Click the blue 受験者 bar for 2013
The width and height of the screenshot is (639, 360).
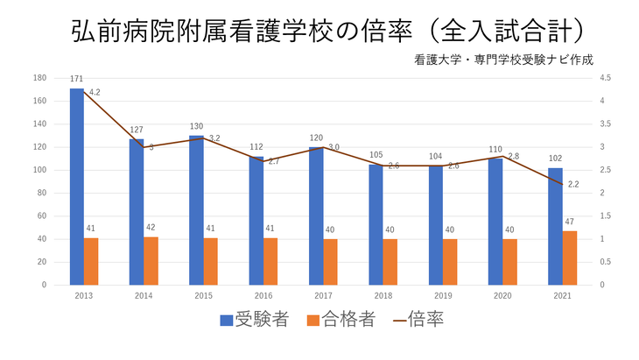click(77, 187)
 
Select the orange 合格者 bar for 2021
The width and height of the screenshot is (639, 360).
click(570, 258)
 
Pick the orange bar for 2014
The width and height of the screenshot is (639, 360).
click(151, 260)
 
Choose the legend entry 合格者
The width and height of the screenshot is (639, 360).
click(341, 320)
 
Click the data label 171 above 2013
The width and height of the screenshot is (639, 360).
click(77, 79)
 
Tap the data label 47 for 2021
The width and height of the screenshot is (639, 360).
click(570, 222)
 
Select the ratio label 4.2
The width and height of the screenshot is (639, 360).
click(95, 92)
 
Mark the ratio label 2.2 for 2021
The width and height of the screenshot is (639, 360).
click(574, 184)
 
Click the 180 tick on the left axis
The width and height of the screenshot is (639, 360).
click(39, 78)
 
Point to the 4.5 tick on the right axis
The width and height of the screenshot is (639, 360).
click(606, 78)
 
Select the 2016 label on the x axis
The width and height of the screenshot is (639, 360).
click(263, 296)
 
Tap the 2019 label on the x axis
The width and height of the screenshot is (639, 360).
click(443, 296)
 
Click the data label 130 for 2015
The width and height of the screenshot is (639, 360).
click(196, 126)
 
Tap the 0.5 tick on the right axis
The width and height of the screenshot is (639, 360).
click(606, 262)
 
